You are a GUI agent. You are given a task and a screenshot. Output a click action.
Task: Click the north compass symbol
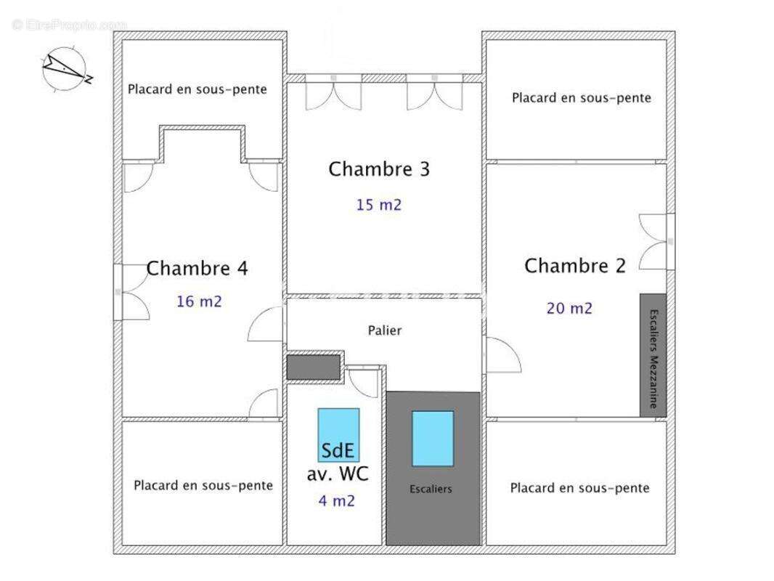[66, 69]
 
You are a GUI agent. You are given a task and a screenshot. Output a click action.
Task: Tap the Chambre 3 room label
[379, 169]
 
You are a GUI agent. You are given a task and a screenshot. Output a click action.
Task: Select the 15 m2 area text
[379, 205]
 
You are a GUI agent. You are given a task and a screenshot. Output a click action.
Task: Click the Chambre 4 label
[197, 269]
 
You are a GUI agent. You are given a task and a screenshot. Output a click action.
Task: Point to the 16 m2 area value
[200, 301]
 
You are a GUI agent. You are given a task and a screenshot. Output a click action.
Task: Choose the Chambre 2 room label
[575, 266]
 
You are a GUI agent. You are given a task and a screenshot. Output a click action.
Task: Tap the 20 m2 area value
[569, 308]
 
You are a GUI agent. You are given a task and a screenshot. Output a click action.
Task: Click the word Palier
[385, 330]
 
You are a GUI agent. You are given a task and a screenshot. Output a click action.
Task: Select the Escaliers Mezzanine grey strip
[653, 355]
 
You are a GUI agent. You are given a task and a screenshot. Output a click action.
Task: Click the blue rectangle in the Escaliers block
[433, 439]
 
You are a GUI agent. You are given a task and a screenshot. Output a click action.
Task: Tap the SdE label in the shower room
[338, 450]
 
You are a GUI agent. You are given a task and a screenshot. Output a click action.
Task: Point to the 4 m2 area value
[337, 500]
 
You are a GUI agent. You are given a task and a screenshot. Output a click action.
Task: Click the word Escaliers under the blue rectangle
[431, 489]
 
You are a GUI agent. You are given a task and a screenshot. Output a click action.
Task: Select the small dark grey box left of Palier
[314, 367]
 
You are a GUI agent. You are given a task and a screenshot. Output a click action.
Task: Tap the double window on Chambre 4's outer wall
[131, 292]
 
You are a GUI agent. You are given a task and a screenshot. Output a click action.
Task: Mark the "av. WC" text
[338, 474]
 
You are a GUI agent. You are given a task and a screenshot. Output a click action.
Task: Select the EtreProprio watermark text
[70, 25]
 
